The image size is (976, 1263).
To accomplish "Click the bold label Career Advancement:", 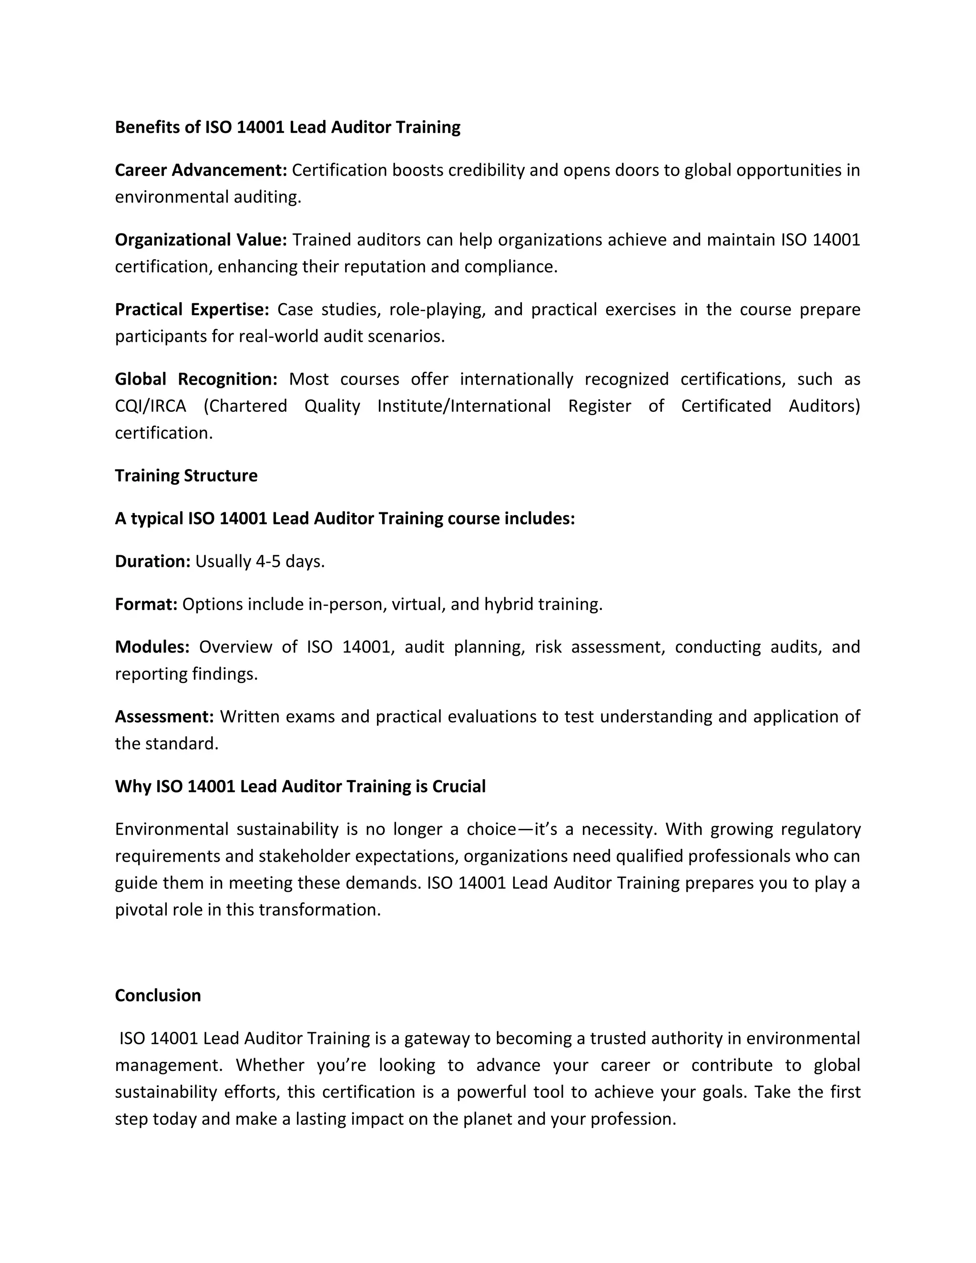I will point(201,170).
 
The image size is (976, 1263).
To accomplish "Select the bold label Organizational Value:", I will point(201,239).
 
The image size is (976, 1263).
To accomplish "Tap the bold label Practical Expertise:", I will point(192,309).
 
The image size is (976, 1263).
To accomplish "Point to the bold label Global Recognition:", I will point(196,379).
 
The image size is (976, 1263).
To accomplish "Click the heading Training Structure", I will point(186,475).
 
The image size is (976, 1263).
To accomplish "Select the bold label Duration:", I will point(152,561).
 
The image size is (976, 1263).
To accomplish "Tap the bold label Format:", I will point(146,604).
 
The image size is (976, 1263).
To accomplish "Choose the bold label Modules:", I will point(152,647).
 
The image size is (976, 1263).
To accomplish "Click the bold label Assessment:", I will point(164,716).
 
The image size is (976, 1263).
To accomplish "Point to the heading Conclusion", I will point(158,995).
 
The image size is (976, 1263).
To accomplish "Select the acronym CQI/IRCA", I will point(150,406).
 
